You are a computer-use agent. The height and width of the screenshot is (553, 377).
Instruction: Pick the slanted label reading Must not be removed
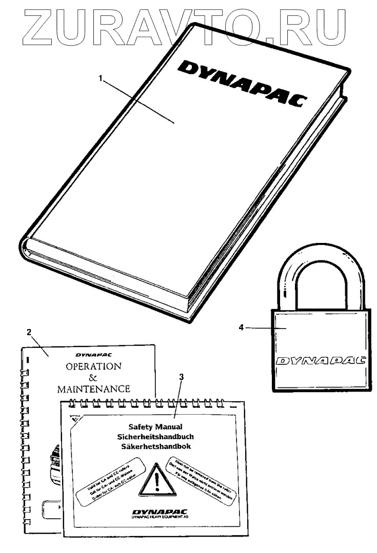200,477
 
